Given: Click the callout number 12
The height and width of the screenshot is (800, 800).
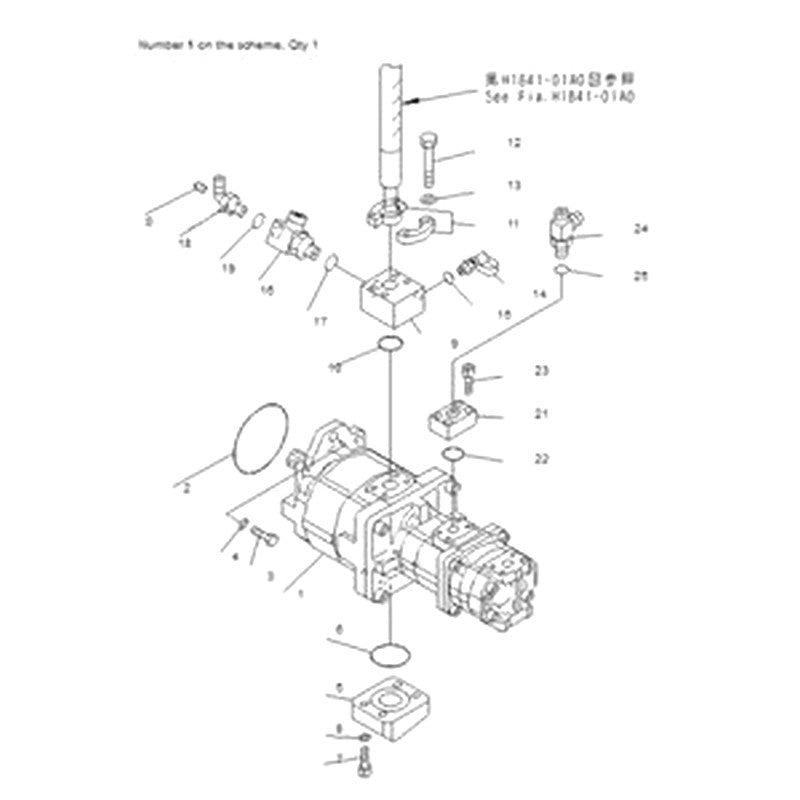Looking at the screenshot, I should tap(513, 143).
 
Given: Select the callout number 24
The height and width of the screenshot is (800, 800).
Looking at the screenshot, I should tap(641, 229).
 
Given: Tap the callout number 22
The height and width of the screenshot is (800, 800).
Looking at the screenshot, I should tap(541, 459).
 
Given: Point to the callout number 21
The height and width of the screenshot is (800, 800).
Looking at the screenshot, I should tap(541, 413).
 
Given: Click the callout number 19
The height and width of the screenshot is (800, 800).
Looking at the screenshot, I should tap(228, 269).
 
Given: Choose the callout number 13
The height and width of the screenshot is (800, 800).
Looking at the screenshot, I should tap(513, 186).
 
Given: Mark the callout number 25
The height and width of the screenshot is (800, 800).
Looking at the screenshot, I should tap(641, 276).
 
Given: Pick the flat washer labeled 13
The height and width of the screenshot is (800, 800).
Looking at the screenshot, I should tap(430, 197).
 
